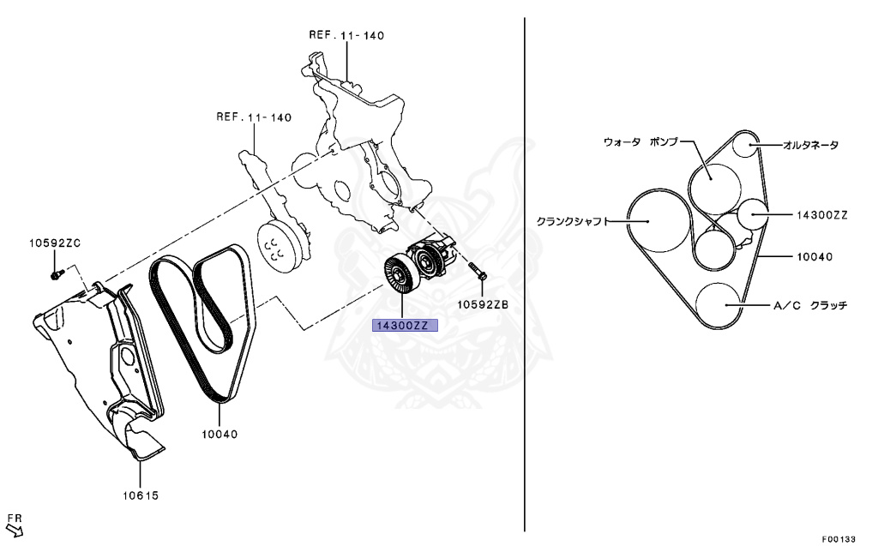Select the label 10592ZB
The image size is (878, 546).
click(x=482, y=303)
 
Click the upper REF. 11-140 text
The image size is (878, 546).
click(x=346, y=35)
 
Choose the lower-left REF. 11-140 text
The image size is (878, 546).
click(x=254, y=117)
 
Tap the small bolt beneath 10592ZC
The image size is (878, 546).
click(x=57, y=274)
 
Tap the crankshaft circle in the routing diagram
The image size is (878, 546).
click(x=656, y=220)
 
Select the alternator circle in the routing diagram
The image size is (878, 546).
click(x=747, y=145)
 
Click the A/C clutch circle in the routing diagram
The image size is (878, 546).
click(x=719, y=304)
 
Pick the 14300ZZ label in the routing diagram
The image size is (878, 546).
click(x=821, y=215)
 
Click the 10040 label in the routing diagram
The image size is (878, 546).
click(x=815, y=256)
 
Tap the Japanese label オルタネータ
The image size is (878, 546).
click(x=810, y=145)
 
